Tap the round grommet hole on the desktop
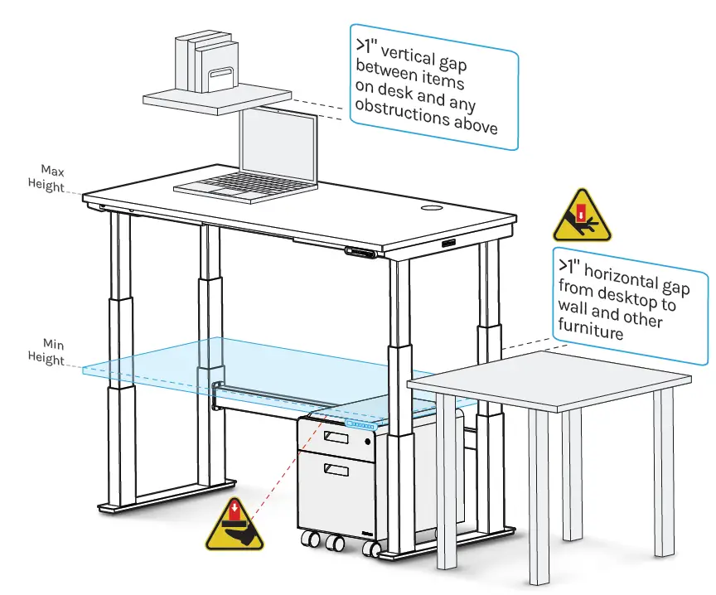pyautogui.click(x=433, y=207)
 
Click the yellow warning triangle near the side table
pyautogui.click(x=581, y=216)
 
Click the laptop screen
pyautogui.click(x=278, y=146)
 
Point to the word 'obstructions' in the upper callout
pyautogui.click(x=396, y=114)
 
